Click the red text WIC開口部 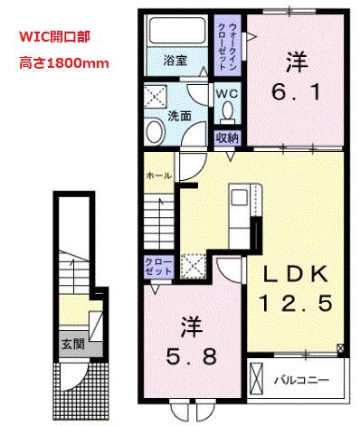[55, 40]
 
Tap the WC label [227, 92]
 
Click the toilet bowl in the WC [228, 112]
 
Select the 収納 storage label [226, 137]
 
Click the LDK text [291, 272]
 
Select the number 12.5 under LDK [291, 299]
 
